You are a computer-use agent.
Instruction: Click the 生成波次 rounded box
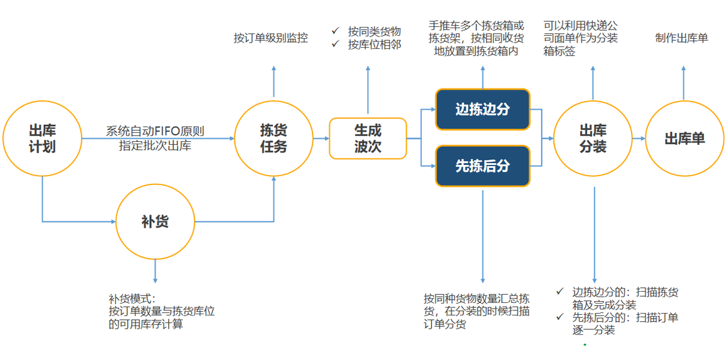tap(368, 139)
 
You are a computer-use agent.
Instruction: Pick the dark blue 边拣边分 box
tap(482, 109)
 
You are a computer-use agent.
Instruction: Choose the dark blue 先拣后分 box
tap(482, 166)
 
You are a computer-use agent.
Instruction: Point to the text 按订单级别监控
tap(271, 38)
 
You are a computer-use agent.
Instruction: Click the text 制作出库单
tap(682, 38)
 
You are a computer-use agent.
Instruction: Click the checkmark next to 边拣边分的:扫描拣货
tap(560, 291)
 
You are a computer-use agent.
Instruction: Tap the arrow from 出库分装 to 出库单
tap(639, 139)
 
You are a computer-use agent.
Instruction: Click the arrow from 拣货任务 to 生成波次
tap(321, 139)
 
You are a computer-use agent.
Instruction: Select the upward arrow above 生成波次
tap(368, 90)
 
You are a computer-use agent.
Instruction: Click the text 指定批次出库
tap(155, 146)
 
